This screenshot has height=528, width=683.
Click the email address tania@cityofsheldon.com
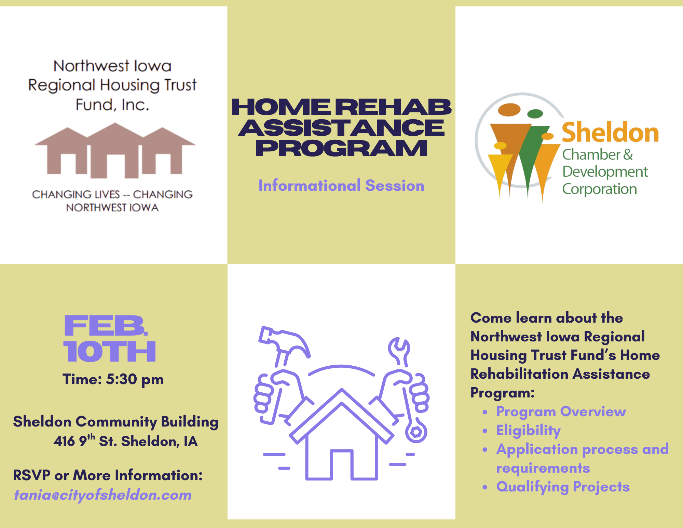pos(103,495)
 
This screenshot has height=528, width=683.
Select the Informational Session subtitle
pos(341,186)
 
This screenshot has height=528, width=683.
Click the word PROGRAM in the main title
pos(341,148)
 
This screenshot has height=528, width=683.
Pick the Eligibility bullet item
pos(528,431)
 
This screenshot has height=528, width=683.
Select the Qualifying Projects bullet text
pos(563,487)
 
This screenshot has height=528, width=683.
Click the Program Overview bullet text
pos(561,412)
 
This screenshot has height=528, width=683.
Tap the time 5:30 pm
pos(135,379)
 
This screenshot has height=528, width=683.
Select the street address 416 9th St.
pos(85,441)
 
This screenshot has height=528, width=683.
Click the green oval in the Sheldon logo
pos(535,113)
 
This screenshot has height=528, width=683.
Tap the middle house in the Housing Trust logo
pos(115,151)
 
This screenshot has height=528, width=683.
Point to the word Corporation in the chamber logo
pos(600,189)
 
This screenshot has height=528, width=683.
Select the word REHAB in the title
pos(393,107)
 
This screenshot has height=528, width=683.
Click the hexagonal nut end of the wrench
pos(416,432)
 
